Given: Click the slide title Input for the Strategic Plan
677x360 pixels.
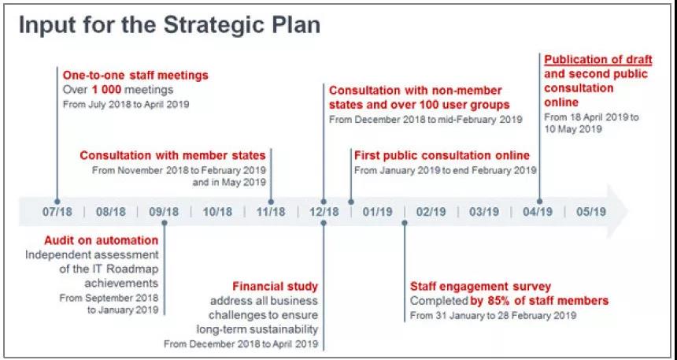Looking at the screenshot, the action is (x=170, y=25).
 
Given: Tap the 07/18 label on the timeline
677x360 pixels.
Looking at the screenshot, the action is (x=57, y=212).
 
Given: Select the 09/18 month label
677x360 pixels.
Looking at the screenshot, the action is (x=164, y=212).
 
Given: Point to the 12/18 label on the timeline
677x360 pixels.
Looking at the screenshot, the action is (x=324, y=212).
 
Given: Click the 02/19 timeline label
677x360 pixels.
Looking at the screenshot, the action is (x=431, y=212).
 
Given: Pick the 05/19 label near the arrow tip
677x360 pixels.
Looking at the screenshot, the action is (x=591, y=212).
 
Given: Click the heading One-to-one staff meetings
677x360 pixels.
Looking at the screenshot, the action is (x=135, y=75).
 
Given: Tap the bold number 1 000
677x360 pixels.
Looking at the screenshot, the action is (x=106, y=90).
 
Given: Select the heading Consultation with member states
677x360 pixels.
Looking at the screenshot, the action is (x=172, y=155).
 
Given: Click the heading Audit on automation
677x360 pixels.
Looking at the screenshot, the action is (x=102, y=239).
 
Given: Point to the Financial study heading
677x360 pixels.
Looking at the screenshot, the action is (x=275, y=286).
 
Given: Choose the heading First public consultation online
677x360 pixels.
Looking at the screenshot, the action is (x=442, y=155).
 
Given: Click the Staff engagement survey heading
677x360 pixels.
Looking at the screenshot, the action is (x=480, y=286).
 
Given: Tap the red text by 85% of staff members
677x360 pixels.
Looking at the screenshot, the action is (x=539, y=300).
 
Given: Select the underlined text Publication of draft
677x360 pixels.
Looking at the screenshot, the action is (x=598, y=60).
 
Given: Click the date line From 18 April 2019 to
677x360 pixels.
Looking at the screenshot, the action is (x=591, y=117).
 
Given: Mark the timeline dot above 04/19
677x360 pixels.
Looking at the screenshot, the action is (x=539, y=202).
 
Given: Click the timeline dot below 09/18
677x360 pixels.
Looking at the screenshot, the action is (x=164, y=223).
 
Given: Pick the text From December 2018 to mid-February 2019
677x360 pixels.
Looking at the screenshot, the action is (x=426, y=119).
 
